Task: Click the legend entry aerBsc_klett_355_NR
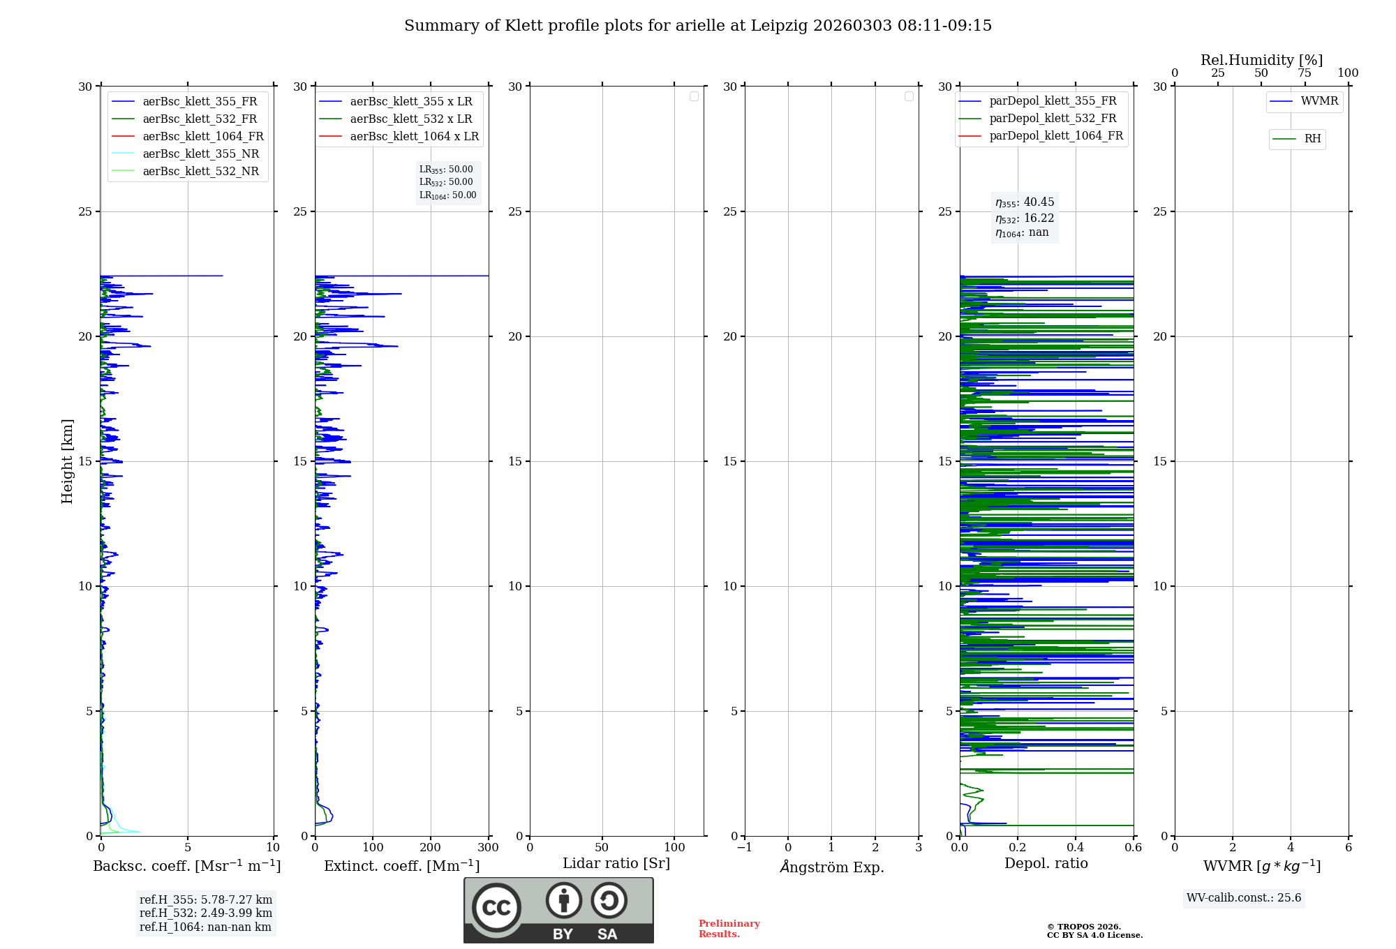coord(200,154)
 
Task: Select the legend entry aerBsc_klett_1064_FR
coord(202,137)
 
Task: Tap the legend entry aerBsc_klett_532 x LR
coord(410,119)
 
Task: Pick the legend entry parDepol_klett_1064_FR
coord(1055,136)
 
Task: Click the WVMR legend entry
coord(1319,101)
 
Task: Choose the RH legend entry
coord(1312,139)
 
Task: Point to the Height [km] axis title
coord(67,461)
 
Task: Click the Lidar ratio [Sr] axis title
coord(616,864)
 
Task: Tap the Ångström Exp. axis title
coord(831,867)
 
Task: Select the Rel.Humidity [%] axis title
coord(1261,60)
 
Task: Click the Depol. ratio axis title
coord(1046,864)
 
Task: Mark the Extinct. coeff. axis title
coord(401,867)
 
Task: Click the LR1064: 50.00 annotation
coord(447,195)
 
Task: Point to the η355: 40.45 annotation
coord(1025,202)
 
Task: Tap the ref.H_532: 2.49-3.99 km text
coord(205,913)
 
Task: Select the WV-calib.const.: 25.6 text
coord(1243,898)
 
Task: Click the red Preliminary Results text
coord(729,929)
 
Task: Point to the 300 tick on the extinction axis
coord(489,848)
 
